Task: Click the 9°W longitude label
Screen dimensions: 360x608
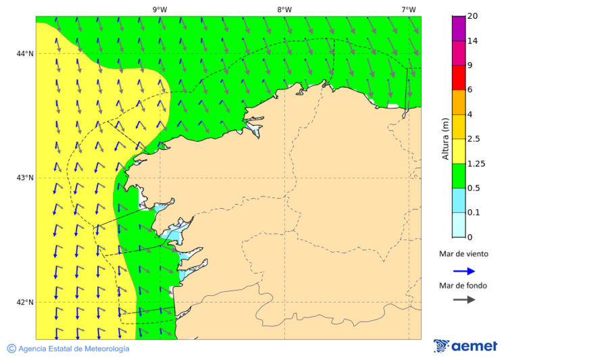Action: coord(159,9)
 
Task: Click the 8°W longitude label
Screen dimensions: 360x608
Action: coord(284,9)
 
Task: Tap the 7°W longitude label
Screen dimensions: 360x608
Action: coord(408,9)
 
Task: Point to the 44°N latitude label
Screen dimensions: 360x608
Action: coord(25,53)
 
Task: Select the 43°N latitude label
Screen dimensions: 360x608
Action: coord(25,178)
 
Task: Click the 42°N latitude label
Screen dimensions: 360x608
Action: coord(25,302)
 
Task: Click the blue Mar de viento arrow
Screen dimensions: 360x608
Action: coord(463,271)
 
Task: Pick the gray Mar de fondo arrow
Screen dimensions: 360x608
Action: coord(463,300)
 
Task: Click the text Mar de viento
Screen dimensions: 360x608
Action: coord(463,255)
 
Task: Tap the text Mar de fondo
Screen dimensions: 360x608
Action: coord(463,285)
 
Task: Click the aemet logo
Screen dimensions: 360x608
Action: coord(465,346)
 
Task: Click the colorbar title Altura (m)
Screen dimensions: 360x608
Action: coord(445,138)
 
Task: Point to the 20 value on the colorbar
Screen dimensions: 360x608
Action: coord(473,16)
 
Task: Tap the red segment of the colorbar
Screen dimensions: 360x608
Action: coord(459,77)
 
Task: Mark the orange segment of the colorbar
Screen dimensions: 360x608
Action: coord(459,102)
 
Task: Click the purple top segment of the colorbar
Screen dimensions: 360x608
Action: coord(459,28)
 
